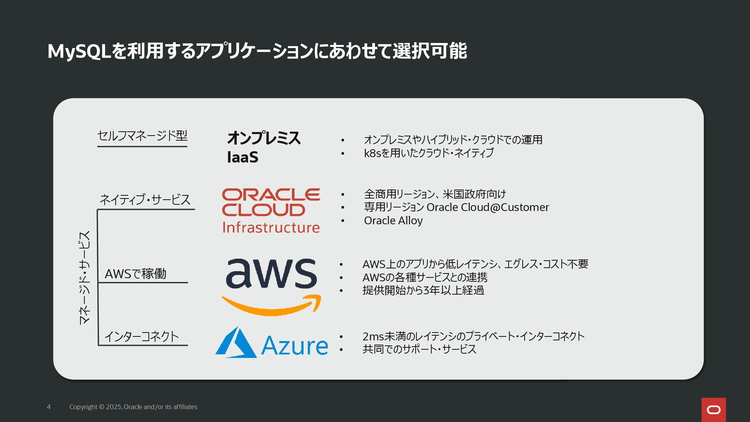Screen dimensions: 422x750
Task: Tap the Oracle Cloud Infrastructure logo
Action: tap(271, 211)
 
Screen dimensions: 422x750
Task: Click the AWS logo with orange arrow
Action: tap(271, 286)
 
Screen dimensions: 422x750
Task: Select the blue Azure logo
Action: tap(271, 343)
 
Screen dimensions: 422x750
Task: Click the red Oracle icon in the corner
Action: tap(713, 409)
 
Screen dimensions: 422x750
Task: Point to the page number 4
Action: tap(49, 407)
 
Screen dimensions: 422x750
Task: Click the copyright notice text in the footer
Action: tap(133, 407)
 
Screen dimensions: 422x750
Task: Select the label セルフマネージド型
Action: tap(142, 136)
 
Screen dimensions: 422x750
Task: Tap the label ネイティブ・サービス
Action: tap(145, 199)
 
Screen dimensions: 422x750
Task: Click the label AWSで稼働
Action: tap(136, 274)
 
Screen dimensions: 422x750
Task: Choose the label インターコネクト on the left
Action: tap(141, 336)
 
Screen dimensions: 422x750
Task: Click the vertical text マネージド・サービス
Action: tap(84, 277)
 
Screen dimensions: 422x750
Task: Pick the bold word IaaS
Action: tap(243, 157)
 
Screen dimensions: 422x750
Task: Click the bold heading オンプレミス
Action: tap(264, 138)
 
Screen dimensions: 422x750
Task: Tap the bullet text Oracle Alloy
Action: tap(393, 220)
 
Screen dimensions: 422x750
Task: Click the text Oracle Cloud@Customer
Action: tap(487, 207)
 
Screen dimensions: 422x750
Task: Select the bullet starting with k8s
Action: tap(429, 153)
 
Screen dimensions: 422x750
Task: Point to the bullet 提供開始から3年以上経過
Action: tap(423, 290)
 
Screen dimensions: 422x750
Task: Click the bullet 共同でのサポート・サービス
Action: tap(419, 349)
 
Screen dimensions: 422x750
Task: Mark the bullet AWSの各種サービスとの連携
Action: tap(425, 277)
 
